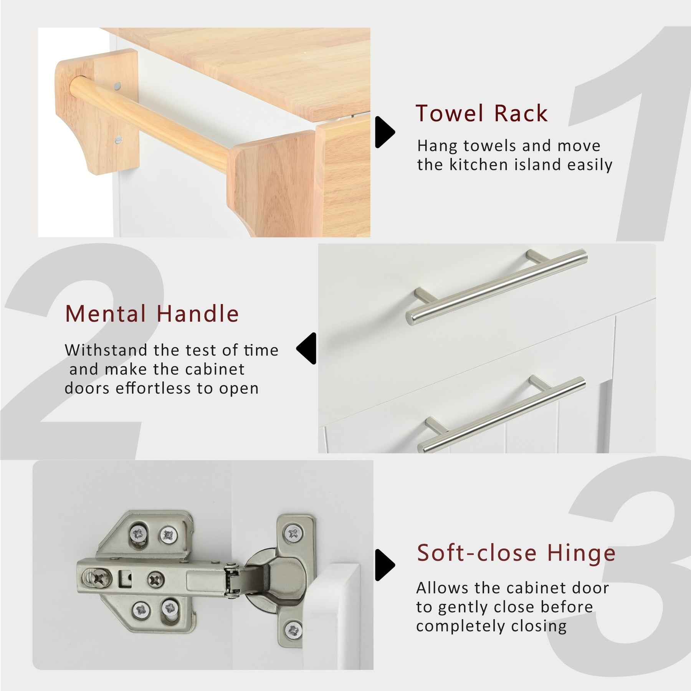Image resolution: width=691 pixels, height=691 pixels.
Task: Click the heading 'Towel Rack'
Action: (x=482, y=113)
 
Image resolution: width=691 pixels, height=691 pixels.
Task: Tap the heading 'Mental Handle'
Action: (x=152, y=314)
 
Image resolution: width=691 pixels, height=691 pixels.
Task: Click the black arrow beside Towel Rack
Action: (x=385, y=132)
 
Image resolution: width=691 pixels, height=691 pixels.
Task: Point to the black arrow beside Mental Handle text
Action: (x=306, y=348)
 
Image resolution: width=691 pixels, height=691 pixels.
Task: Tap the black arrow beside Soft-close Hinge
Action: (x=385, y=565)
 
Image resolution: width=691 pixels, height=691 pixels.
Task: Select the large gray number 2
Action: (x=83, y=351)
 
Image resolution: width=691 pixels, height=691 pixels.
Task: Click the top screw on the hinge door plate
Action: (x=294, y=533)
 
